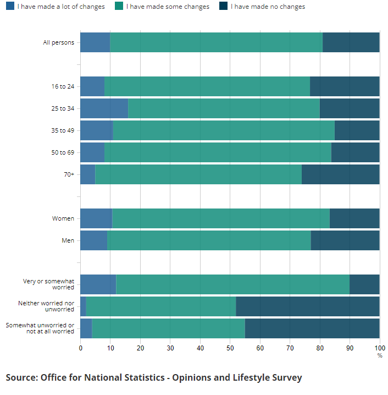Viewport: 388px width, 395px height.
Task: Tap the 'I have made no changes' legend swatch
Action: pos(224,7)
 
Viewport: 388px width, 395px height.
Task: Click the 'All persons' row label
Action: pos(59,42)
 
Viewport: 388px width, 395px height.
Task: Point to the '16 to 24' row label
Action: pos(63,86)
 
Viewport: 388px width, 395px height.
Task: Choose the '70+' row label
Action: pos(69,174)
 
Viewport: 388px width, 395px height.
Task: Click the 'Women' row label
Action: pos(63,218)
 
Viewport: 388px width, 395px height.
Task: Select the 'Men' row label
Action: pos(68,240)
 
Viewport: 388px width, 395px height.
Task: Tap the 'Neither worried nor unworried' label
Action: pos(46,306)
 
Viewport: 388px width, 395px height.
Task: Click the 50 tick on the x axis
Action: pos(230,348)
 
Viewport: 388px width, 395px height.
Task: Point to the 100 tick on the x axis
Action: pos(379,348)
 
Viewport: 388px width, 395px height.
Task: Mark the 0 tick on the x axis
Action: pos(81,348)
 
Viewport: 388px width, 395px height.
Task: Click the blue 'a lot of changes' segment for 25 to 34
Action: pos(104,108)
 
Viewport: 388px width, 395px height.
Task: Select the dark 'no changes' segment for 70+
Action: pos(340,174)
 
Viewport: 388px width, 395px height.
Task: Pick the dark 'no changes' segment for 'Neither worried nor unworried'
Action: pos(308,306)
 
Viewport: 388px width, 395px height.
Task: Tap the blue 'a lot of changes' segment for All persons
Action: pos(95,42)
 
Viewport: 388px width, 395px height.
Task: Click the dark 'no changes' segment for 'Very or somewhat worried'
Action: pos(364,284)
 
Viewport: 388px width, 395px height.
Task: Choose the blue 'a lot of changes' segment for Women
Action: pos(96,218)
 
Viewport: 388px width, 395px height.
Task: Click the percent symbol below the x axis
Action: pos(379,355)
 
